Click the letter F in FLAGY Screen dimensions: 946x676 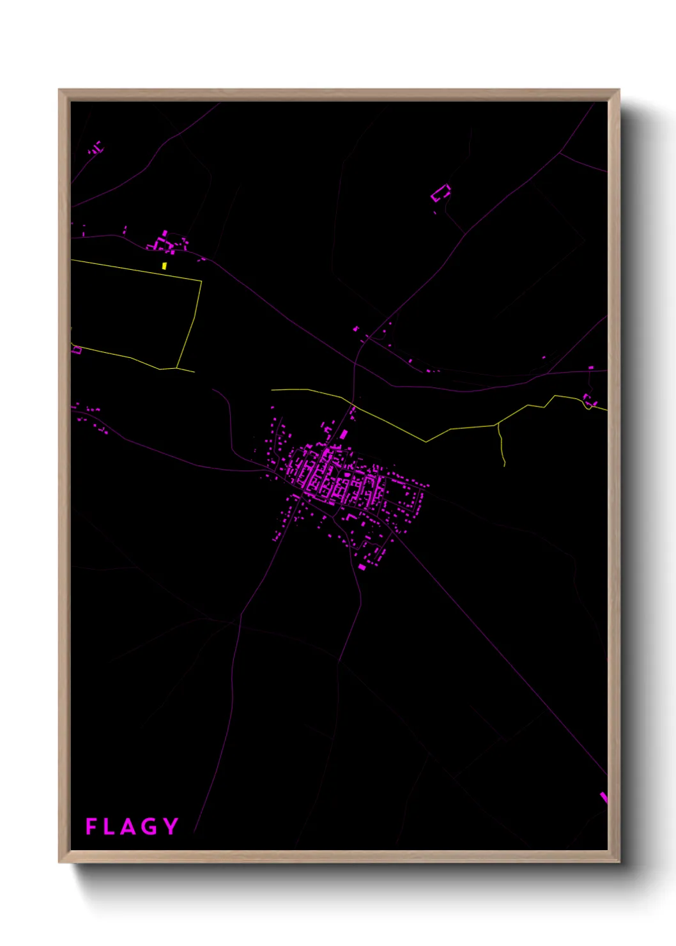click(91, 826)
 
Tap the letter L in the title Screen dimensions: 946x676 click(110, 826)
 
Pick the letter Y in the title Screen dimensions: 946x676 click(170, 826)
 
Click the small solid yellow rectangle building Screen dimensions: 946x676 click(164, 266)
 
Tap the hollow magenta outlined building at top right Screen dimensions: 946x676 click(441, 192)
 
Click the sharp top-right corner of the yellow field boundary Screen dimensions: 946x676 click(201, 281)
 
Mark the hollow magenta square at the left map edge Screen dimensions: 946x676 click(77, 350)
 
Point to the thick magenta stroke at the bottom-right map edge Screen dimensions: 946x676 click(604, 798)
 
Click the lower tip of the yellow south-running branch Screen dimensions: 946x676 click(504, 465)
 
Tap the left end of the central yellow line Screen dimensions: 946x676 click(272, 389)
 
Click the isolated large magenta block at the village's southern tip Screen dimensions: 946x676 click(362, 567)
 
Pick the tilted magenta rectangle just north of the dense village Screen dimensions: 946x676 click(344, 435)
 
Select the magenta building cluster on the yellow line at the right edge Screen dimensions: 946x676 click(589, 401)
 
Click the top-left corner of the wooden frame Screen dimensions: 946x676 click(59, 89)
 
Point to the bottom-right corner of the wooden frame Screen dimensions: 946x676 click(618, 862)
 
